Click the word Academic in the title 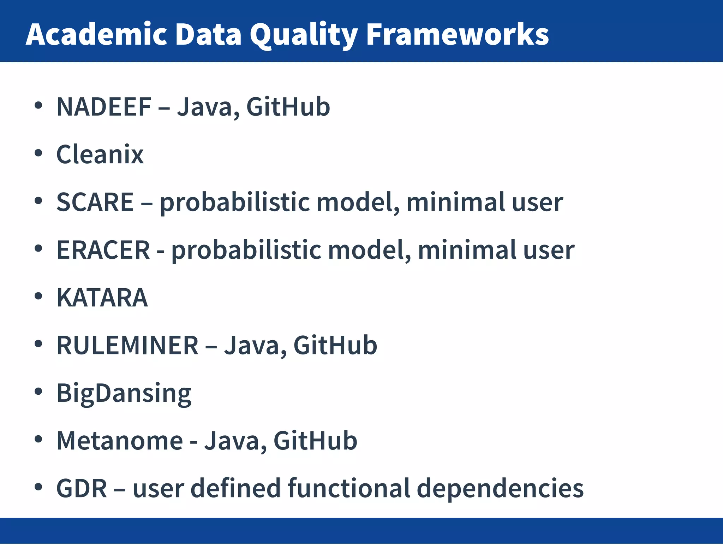pyautogui.click(x=96, y=34)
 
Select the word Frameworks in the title pyautogui.click(x=457, y=34)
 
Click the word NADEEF pyautogui.click(x=104, y=107)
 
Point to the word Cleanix pyautogui.click(x=100, y=155)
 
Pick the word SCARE pyautogui.click(x=95, y=202)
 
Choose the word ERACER pyautogui.click(x=103, y=250)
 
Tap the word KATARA pyautogui.click(x=102, y=298)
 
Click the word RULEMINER pyautogui.click(x=127, y=346)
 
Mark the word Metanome pyautogui.click(x=120, y=441)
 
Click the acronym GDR pyautogui.click(x=82, y=489)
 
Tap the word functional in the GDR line pyautogui.click(x=349, y=489)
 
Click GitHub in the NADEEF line pyautogui.click(x=288, y=107)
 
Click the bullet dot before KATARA pyautogui.click(x=38, y=296)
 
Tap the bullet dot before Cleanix pyautogui.click(x=38, y=153)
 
